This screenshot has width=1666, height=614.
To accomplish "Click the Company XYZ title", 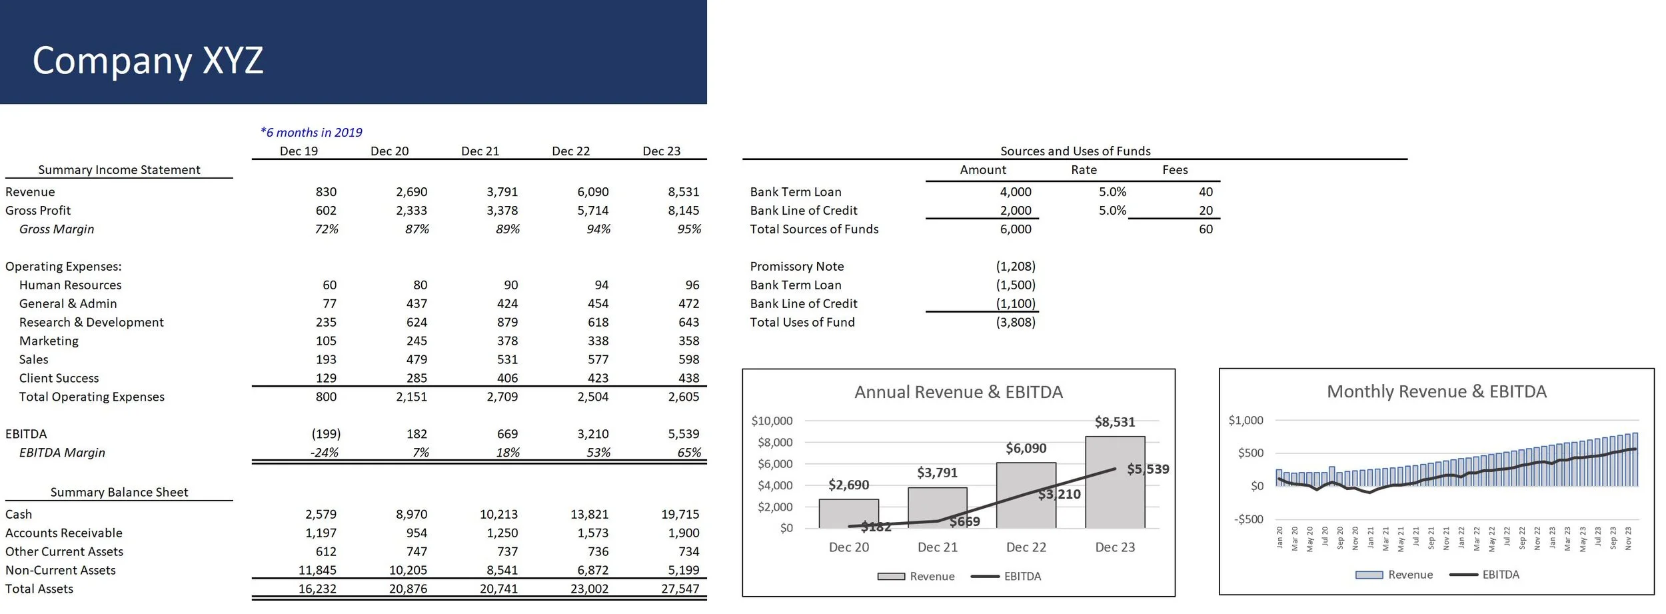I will pyautogui.click(x=148, y=60).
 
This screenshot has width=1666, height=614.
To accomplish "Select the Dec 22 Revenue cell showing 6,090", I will pyautogui.click(x=592, y=192).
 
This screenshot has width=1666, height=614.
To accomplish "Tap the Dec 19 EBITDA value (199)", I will pyautogui.click(x=326, y=434).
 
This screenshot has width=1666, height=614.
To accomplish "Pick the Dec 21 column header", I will pyautogui.click(x=480, y=151).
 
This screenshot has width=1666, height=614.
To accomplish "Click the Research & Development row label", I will pyautogui.click(x=91, y=323).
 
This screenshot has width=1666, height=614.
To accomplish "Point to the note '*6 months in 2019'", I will pyautogui.click(x=311, y=133).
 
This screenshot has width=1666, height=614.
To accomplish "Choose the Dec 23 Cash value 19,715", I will pyautogui.click(x=680, y=515).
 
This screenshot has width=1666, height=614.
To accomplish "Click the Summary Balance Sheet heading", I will pyautogui.click(x=119, y=493).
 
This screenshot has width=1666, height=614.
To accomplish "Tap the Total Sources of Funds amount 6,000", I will pyautogui.click(x=1015, y=229).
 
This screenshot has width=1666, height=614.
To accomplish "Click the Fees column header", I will pyautogui.click(x=1175, y=170).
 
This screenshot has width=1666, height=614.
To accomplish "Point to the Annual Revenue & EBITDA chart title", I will pyautogui.click(x=958, y=392).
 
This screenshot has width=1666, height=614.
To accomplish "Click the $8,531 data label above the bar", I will pyautogui.click(x=1114, y=422).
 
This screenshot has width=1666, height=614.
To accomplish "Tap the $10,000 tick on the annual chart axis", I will pyautogui.click(x=772, y=421).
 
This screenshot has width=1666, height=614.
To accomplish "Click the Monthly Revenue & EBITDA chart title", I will pyautogui.click(x=1436, y=391).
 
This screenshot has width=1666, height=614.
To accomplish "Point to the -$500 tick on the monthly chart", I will pyautogui.click(x=1248, y=519).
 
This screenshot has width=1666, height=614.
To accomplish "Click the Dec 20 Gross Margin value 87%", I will pyautogui.click(x=416, y=229).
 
